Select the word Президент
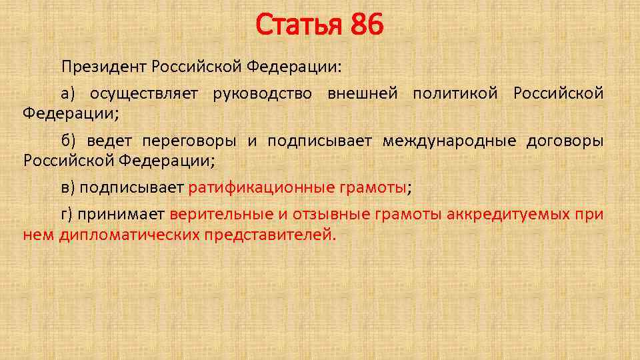(104, 67)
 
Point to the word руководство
(262, 94)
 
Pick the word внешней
(362, 94)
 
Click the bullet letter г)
(68, 215)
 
